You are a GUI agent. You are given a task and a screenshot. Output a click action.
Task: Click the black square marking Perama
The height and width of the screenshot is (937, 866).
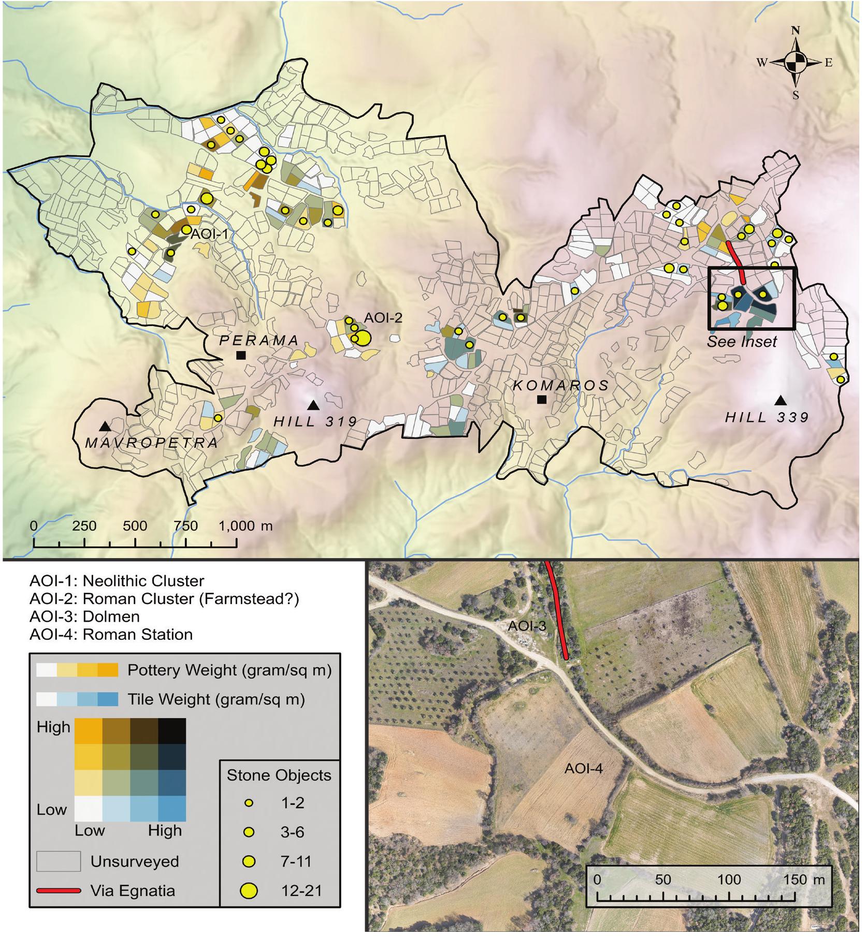click(240, 355)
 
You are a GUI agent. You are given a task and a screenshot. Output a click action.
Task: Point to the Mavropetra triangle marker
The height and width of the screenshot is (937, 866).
click(105, 426)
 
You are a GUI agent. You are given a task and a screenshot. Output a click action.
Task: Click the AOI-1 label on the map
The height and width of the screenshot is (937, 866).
click(209, 234)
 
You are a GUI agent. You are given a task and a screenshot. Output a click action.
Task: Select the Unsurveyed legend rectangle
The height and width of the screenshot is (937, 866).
click(59, 861)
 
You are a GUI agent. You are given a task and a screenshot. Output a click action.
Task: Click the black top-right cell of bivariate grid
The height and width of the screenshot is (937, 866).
click(171, 730)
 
